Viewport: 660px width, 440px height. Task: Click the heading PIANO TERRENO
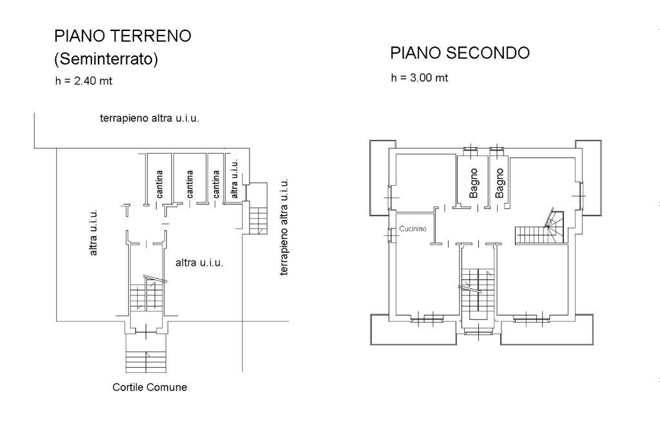coord(122,36)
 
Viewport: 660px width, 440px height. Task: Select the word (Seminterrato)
coord(106,59)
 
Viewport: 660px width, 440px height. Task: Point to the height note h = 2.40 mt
coord(84,81)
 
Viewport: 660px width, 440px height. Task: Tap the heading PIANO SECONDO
coord(460,53)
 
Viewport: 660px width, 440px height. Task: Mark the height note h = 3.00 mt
coord(419,78)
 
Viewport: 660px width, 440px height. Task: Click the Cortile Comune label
coord(150,388)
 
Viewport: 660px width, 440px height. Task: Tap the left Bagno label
coord(474,183)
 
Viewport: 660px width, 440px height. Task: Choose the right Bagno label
coord(500,183)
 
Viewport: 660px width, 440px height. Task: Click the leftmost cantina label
coord(159,183)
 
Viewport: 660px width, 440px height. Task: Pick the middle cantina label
coord(189,183)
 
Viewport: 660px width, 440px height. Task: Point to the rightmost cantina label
coord(216,183)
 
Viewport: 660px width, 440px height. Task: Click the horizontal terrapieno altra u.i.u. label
coord(149,119)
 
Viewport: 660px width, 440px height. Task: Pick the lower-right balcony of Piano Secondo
coord(546,330)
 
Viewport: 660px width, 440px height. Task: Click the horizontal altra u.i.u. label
coord(199,263)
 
